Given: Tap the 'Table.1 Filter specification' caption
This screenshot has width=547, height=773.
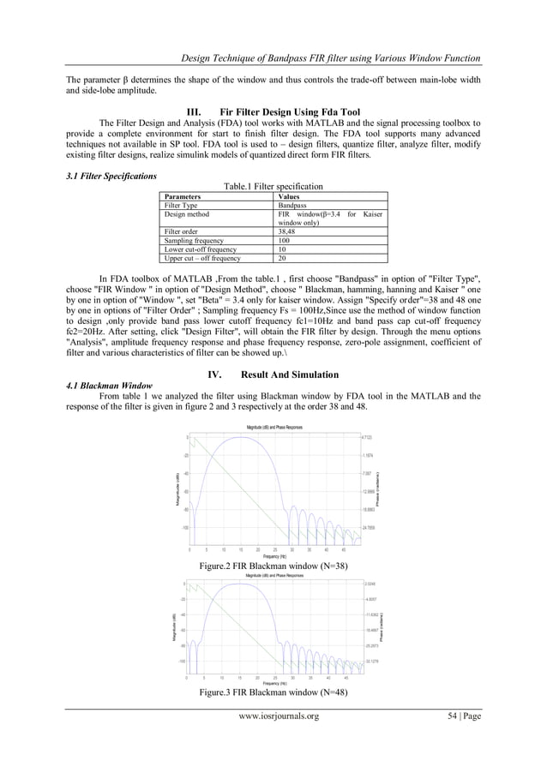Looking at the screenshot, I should (x=273, y=186).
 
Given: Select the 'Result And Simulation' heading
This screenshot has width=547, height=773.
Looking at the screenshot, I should (x=292, y=375).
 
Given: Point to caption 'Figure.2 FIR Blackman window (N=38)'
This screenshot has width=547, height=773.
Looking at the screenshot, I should (x=273, y=566).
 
